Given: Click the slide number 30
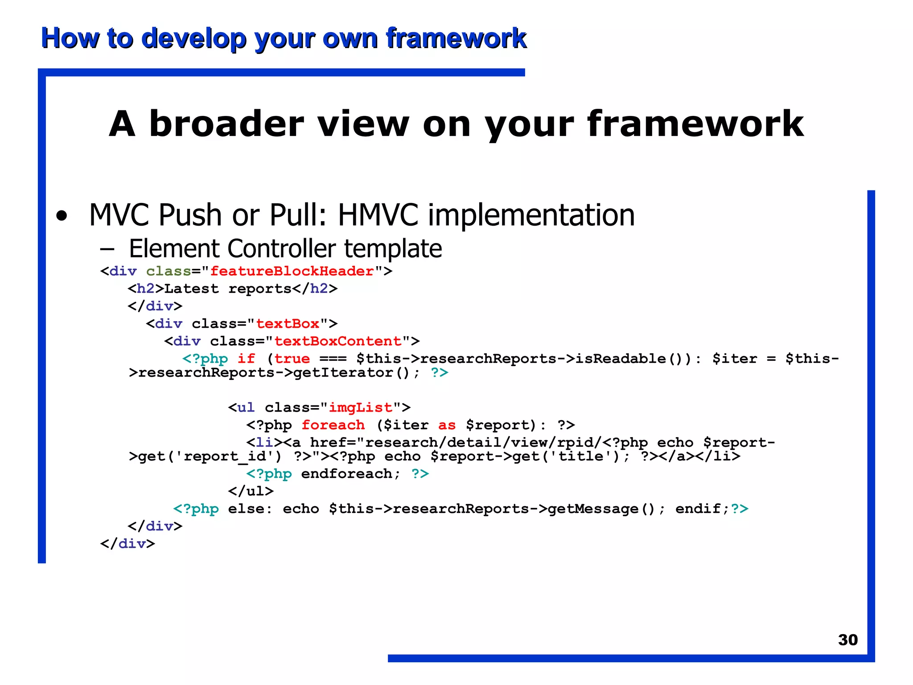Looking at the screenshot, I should tap(847, 640).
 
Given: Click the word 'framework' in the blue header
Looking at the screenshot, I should tap(456, 38).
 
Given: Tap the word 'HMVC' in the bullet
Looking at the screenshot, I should tap(378, 215).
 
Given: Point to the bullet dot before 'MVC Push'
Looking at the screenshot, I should tap(62, 216).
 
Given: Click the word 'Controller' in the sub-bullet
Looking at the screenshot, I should tap(282, 248).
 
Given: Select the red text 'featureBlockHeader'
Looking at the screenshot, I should tap(292, 271).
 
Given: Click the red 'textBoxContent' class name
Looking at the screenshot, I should tap(337, 341).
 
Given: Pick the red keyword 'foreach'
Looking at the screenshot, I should tap(333, 425).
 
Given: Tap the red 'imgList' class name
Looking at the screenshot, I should tap(360, 408).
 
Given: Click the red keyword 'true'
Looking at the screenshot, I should tap(292, 359).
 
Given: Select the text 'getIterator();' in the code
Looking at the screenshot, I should tap(356, 372).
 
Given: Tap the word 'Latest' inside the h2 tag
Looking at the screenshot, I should tap(191, 289).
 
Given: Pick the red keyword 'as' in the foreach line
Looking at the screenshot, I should tap(447, 425).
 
